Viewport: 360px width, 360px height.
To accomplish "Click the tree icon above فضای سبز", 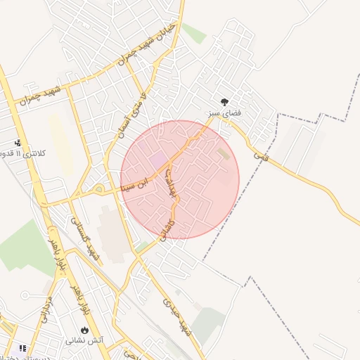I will point(224,101).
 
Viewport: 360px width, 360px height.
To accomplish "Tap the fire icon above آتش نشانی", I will point(85,328).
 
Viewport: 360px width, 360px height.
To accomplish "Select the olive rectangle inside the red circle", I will point(223,153).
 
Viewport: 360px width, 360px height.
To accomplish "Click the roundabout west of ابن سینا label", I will point(98,189).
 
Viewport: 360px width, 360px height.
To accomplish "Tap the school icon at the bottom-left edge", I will point(22,348).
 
